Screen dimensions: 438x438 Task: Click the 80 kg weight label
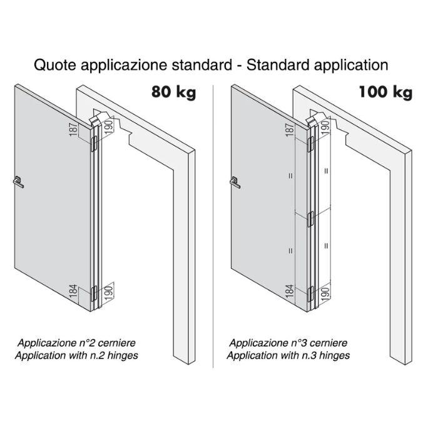point(173,93)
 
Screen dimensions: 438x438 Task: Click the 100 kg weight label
point(385,93)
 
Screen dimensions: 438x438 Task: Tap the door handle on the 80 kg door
point(19,182)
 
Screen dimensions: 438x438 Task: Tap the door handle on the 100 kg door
point(237,182)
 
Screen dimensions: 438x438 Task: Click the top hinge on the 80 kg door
point(94,144)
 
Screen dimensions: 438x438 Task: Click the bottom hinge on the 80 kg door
point(94,292)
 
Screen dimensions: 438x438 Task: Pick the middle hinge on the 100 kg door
point(312,218)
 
